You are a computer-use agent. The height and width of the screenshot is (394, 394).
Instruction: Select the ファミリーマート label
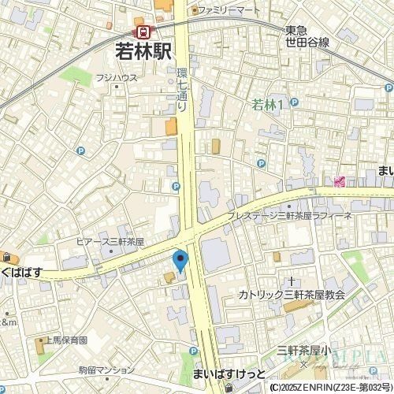(x=229, y=9)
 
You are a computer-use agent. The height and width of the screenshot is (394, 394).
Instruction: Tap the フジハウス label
(x=117, y=78)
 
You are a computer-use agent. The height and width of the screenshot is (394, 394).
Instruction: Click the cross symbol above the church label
(x=292, y=281)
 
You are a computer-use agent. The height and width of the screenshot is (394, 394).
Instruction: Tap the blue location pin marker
(x=180, y=259)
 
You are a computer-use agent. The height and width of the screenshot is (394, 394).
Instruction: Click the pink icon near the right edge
(x=340, y=182)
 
